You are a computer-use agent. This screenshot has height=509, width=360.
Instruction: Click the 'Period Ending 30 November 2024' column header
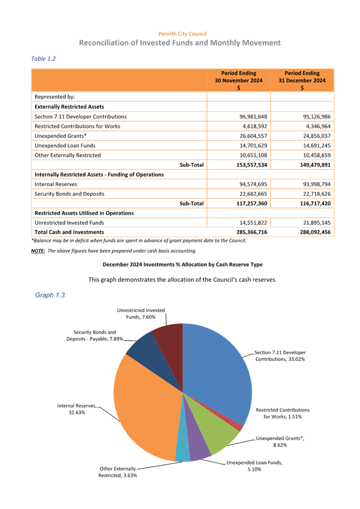click(x=238, y=80)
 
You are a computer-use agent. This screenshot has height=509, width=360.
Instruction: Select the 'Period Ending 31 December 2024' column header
click(x=302, y=80)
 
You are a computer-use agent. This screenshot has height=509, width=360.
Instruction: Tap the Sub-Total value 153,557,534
click(x=238, y=165)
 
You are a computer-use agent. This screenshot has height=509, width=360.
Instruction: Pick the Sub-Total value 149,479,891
click(x=302, y=165)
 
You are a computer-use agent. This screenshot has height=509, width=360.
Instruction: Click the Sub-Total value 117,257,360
click(x=238, y=203)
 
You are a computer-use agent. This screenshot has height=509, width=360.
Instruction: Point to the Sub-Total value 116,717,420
click(x=302, y=203)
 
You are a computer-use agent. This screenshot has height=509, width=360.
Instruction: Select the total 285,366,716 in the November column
click(x=238, y=232)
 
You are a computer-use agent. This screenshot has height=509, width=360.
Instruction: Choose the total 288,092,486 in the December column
click(x=302, y=232)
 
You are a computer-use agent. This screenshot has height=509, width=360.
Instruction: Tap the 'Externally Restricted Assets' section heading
click(x=69, y=106)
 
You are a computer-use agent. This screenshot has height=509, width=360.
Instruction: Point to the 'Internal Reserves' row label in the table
click(x=56, y=184)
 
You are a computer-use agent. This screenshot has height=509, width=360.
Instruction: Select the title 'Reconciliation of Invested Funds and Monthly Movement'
click(x=180, y=43)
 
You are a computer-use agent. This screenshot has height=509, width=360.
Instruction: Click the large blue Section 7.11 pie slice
click(x=217, y=367)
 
